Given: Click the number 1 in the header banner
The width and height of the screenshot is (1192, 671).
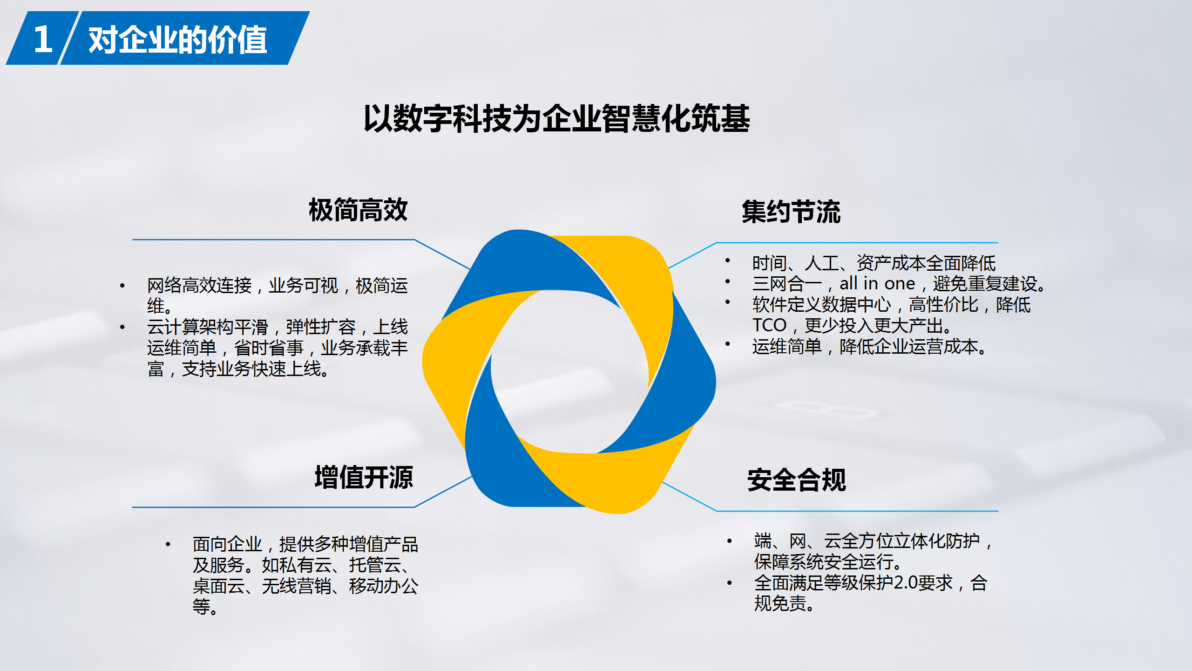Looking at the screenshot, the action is click(43, 39).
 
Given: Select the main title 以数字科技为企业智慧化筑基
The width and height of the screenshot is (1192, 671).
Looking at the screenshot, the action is click(557, 118).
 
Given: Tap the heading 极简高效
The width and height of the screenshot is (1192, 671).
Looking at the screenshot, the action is click(358, 210).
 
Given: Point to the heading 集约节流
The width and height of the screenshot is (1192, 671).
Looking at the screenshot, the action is click(791, 212).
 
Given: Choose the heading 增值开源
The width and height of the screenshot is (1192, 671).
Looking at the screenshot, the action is click(364, 477).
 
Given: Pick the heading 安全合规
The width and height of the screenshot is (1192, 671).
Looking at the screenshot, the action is click(797, 480).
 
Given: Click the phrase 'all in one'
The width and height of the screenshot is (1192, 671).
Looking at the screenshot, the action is click(877, 283).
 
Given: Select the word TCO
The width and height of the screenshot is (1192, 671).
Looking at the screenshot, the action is click(769, 325).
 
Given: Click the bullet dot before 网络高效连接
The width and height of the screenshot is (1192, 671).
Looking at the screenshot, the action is click(122, 286).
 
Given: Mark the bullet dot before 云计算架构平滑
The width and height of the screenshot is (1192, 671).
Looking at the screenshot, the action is click(122, 327).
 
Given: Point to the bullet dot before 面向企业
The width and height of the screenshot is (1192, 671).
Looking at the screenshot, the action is click(168, 544).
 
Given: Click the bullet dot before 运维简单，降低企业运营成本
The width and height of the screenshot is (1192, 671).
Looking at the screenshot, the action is click(727, 344).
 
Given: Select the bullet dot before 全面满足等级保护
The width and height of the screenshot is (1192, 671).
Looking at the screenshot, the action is click(729, 582).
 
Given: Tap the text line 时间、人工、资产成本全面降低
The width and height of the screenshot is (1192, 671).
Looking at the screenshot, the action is click(874, 263).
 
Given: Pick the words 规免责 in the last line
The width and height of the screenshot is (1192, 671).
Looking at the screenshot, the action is click(780, 603).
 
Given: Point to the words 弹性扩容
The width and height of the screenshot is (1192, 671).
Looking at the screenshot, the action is click(321, 327).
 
